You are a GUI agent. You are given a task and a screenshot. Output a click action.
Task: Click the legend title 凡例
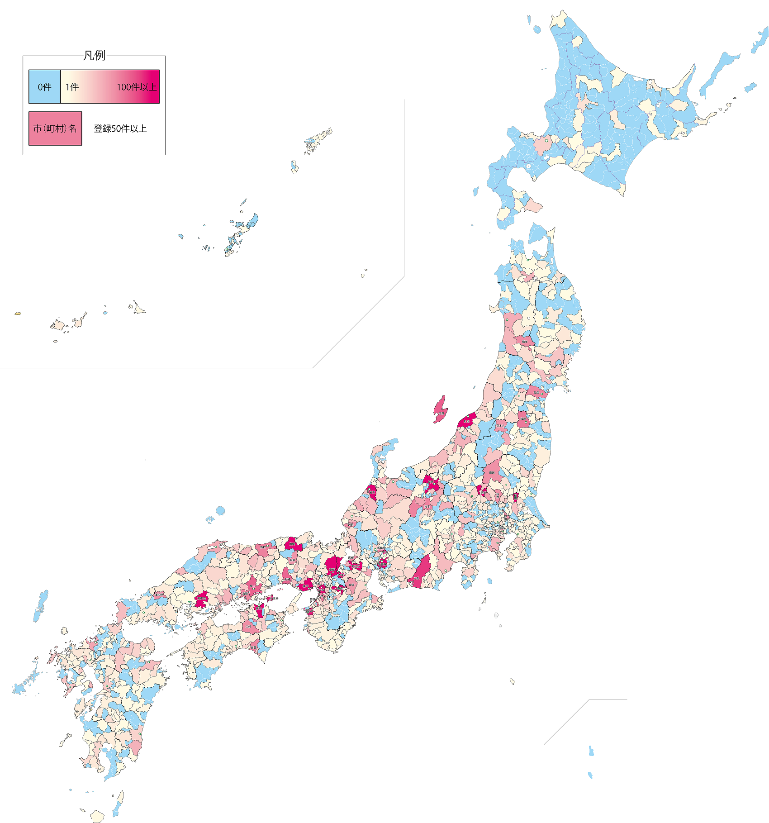pyautogui.click(x=94, y=56)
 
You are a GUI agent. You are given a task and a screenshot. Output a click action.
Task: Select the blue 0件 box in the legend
pyautogui.click(x=44, y=87)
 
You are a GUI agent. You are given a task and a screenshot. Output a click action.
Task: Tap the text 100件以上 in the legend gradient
pyautogui.click(x=136, y=87)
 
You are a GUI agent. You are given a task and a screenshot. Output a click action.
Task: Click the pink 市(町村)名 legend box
pyautogui.click(x=55, y=128)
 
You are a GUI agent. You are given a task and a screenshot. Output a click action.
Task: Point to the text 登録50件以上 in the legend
pyautogui.click(x=120, y=128)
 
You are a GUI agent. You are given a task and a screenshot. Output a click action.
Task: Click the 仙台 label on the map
pyautogui.click(x=536, y=393)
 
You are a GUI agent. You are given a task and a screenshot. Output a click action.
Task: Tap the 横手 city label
pyautogui.click(x=525, y=342)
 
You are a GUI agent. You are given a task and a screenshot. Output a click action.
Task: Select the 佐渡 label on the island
pyautogui.click(x=441, y=413)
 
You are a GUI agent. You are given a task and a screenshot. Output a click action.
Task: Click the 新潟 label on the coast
pyautogui.click(x=466, y=421)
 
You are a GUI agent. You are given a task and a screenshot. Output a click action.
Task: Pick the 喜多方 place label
pyautogui.click(x=500, y=426)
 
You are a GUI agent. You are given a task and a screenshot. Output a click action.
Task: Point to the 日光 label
pyautogui.click(x=492, y=472)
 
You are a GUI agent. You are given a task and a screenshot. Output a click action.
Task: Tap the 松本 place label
pyautogui.click(x=427, y=507)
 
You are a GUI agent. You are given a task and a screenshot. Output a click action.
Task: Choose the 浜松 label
pyautogui.click(x=417, y=578)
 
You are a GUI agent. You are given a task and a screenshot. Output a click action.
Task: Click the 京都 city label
pyautogui.click(x=332, y=570)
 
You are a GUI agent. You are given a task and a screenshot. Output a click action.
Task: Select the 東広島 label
pyautogui.click(x=202, y=598)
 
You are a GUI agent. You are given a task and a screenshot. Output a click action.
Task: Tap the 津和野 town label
pyautogui.click(x=159, y=595)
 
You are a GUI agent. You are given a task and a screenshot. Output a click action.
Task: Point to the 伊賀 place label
pyautogui.click(x=351, y=585)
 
